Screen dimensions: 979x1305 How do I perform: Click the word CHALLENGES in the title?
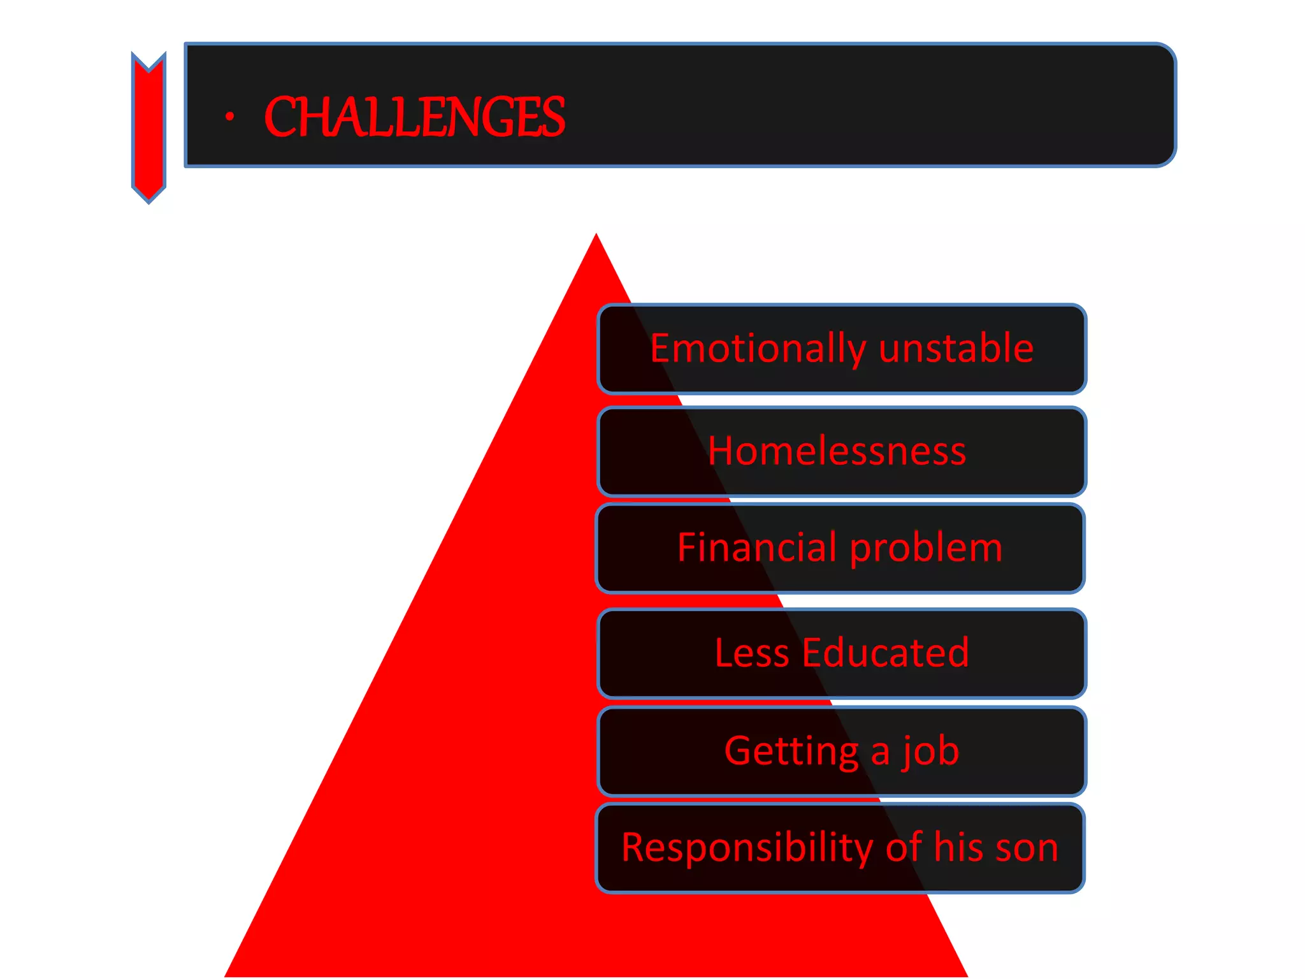[414, 117]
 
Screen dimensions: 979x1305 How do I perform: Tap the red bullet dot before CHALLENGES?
[229, 117]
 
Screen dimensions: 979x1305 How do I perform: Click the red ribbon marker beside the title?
[148, 127]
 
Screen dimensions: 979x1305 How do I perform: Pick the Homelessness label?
[837, 451]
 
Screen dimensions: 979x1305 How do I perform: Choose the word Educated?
[886, 653]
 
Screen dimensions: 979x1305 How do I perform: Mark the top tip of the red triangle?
[596, 236]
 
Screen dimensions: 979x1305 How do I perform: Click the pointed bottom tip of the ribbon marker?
[148, 201]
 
